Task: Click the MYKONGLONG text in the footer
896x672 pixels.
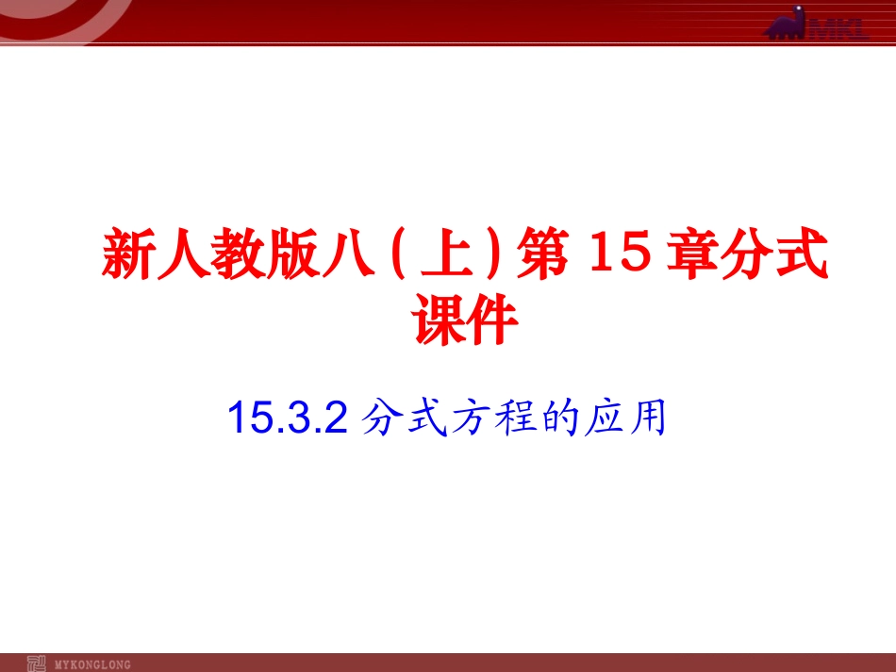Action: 93,664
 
